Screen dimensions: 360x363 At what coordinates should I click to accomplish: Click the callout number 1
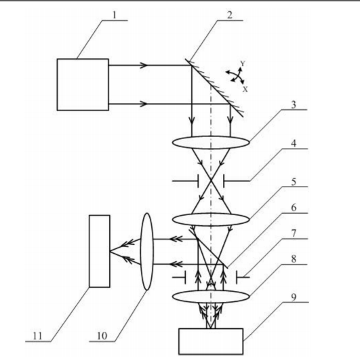coord(115,15)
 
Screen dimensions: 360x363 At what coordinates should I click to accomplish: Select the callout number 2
coord(230,15)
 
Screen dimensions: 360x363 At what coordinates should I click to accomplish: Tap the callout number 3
coord(294,104)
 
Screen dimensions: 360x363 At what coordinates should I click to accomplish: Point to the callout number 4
coord(294,144)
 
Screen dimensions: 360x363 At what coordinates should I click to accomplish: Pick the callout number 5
coord(294,182)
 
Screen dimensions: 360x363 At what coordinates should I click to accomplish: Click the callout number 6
coord(294,208)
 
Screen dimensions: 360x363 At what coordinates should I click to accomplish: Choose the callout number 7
coord(294,233)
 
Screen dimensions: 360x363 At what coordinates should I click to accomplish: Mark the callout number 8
coord(294,259)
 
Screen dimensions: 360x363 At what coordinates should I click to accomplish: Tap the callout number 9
coord(294,297)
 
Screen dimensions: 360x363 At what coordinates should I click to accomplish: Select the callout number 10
coord(102,336)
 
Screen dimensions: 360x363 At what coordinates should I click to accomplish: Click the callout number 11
coord(38,336)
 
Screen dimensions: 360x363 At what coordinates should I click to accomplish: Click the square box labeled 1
coord(83,85)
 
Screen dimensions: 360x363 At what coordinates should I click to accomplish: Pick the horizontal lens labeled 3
coord(211,142)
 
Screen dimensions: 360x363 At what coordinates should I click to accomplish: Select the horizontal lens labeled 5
coord(211,219)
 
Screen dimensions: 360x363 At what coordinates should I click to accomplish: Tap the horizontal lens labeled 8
coord(211,297)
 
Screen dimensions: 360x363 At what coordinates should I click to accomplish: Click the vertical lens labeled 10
coord(147,252)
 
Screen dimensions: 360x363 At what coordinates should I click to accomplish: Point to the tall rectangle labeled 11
coord(100,251)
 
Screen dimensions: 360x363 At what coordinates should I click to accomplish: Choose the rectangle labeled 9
coord(211,341)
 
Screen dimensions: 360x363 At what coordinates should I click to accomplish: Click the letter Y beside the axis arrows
coord(243,63)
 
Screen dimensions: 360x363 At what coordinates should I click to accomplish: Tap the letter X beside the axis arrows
coord(245,89)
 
